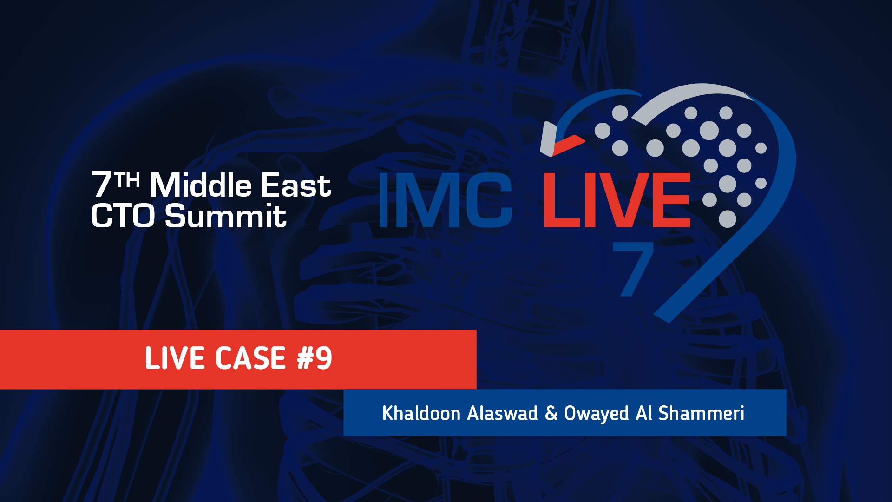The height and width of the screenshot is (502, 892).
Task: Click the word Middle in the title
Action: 200,185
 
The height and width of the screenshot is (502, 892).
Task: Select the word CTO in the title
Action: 123,216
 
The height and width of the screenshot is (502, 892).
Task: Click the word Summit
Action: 226,216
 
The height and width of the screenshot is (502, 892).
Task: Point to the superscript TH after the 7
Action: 128,180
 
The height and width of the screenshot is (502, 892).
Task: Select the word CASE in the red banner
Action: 250,358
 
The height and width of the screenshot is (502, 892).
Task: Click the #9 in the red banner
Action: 315,358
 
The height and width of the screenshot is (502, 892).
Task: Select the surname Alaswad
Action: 502,413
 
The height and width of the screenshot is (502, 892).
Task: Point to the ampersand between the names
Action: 551,413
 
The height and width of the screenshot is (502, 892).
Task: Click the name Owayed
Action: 597,414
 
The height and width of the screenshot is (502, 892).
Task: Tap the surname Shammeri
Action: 701,413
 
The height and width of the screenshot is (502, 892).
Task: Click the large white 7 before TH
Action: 102,185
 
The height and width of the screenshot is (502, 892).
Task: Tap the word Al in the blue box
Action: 644,413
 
